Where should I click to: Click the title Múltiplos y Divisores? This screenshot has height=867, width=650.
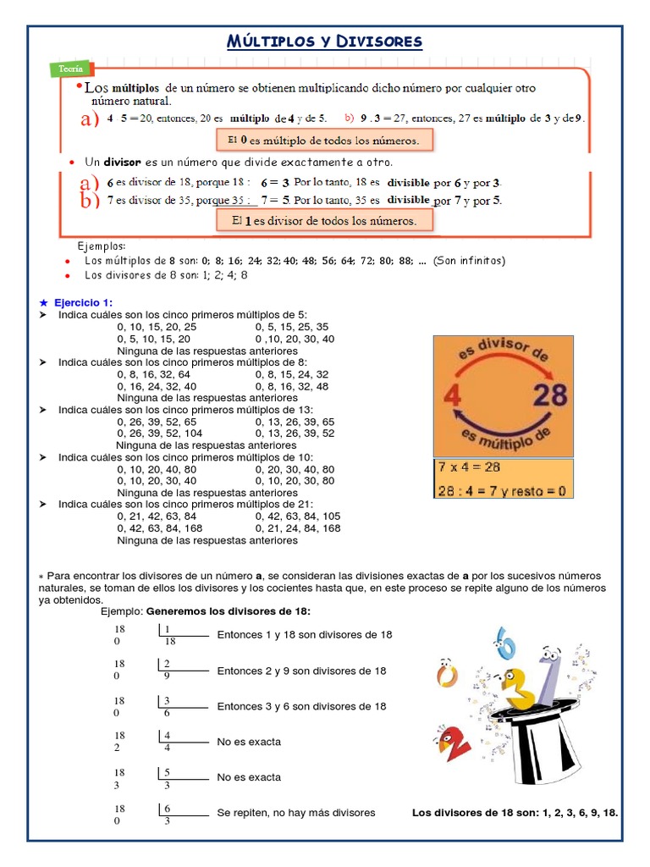click(324, 41)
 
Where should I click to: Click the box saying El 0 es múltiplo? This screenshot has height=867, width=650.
click(325, 140)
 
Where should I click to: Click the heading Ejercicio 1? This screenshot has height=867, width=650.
click(83, 302)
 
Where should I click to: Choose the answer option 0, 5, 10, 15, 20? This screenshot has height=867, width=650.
click(154, 338)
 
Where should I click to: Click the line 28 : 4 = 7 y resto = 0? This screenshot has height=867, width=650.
click(501, 490)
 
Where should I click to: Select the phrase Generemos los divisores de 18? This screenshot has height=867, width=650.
click(229, 611)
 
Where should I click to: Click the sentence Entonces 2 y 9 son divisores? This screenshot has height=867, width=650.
click(301, 671)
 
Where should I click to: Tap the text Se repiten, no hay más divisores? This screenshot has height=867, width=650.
click(296, 813)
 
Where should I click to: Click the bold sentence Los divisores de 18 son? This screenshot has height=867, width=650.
click(515, 813)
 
